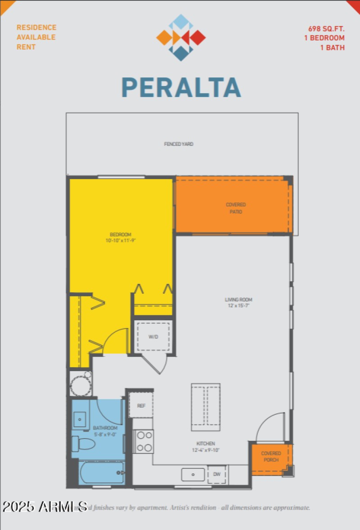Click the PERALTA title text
coord(181,87)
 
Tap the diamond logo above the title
coord(181,37)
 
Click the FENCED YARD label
coord(179,144)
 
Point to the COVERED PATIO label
coord(236,208)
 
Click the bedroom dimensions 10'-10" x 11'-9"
coord(120,241)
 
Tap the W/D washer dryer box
coord(153,337)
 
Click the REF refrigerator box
coord(141,405)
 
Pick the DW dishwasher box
coord(217,474)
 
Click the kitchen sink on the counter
coord(193,474)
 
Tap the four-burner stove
coord(144,441)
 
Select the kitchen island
coord(206,407)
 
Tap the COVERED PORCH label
coord(271,456)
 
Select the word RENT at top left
coord(26,47)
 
